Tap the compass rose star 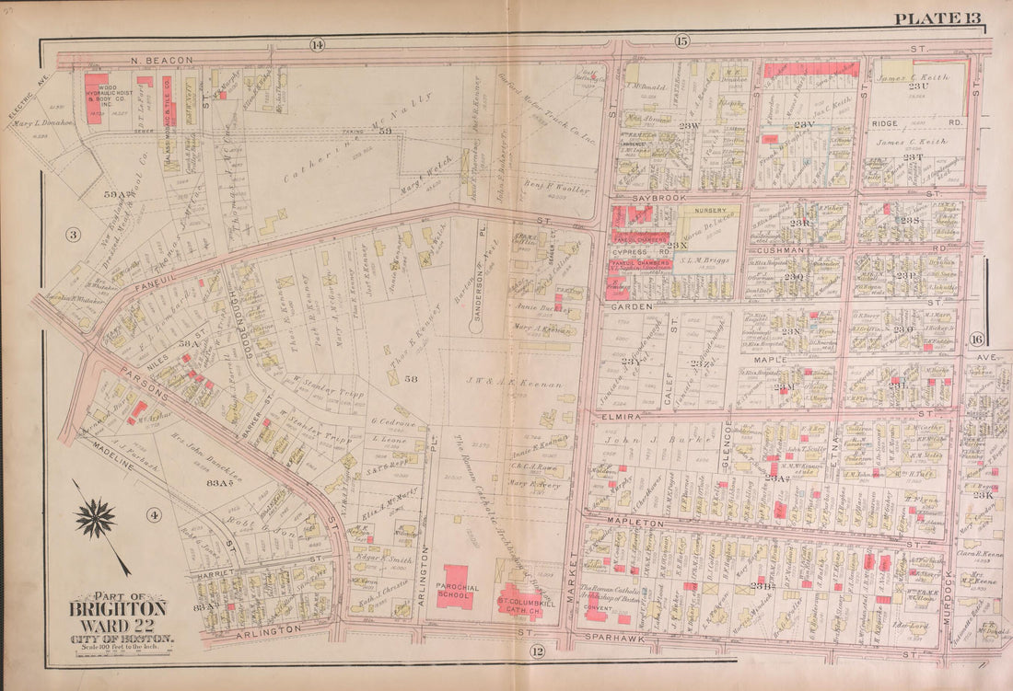coord(95,519)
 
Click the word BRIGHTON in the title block coord(119,608)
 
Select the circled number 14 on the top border coord(317,44)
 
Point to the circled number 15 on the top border coord(681,40)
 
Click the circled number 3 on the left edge coord(73,235)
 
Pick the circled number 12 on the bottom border coord(535,652)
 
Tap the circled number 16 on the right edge coord(976,340)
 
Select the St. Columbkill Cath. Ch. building coord(521,600)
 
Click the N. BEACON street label coord(162,60)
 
